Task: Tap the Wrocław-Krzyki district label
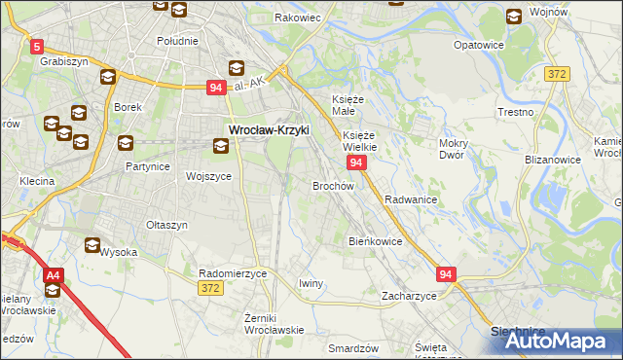point(268,128)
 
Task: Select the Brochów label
point(332,185)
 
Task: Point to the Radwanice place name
point(411,198)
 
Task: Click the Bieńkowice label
point(375,240)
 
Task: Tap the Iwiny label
point(311,283)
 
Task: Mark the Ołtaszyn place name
point(166,225)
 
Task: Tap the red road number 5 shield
point(37,46)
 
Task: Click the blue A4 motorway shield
point(54,275)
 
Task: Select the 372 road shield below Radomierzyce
point(210,288)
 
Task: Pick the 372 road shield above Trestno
point(557,73)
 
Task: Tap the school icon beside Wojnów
point(514,16)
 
